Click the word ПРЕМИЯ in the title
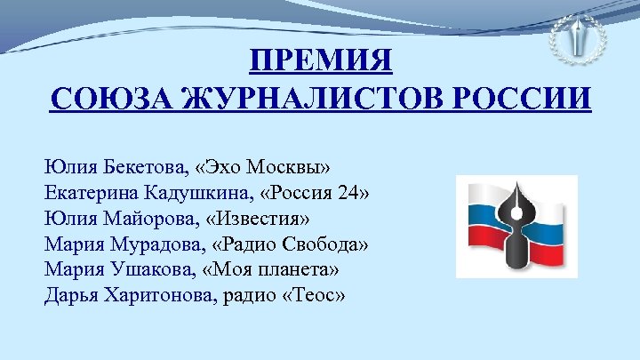pyautogui.click(x=320, y=63)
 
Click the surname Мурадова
pyautogui.click(x=143, y=244)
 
